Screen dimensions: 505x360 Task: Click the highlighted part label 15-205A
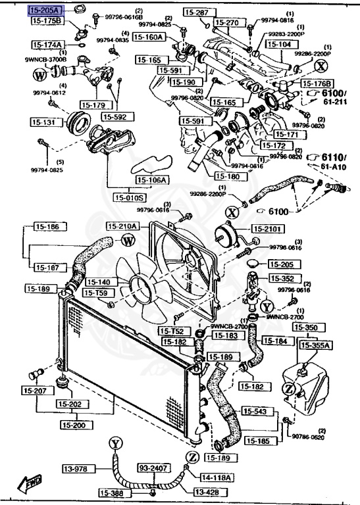(x=45, y=11)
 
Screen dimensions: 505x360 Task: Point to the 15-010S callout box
(x=130, y=197)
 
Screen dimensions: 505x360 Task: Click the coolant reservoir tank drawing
(x=303, y=388)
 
